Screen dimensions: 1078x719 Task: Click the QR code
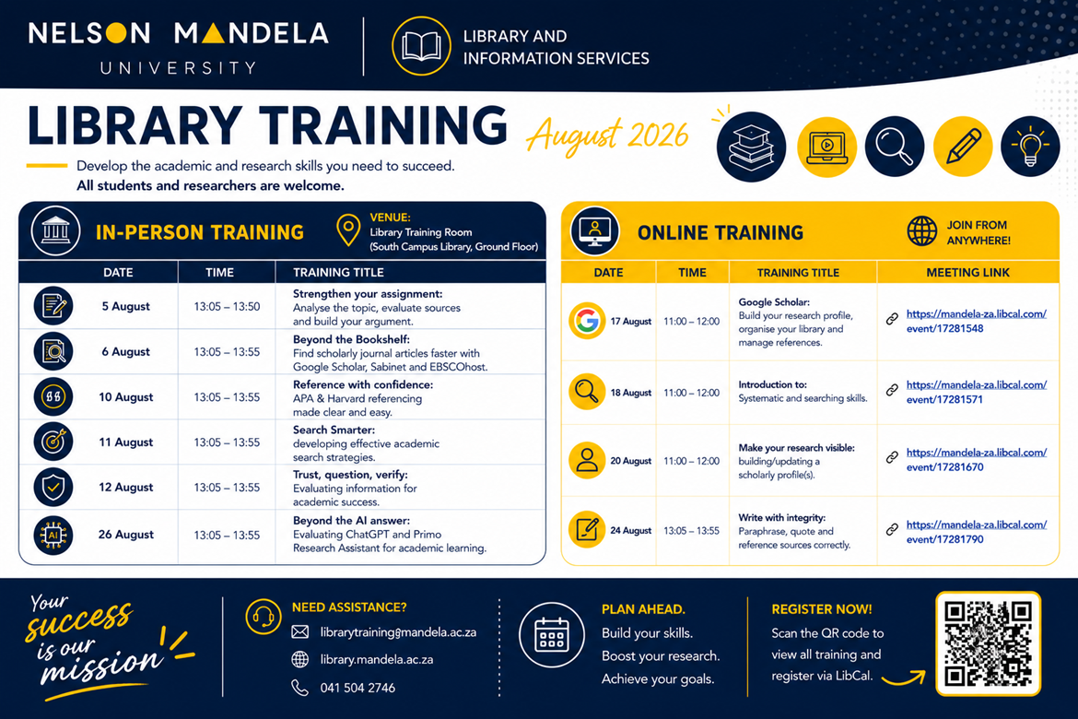(x=988, y=643)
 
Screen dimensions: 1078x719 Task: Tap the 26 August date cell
(x=126, y=535)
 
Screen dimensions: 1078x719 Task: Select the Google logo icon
(x=587, y=321)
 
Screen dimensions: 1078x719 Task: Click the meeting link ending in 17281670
(x=977, y=460)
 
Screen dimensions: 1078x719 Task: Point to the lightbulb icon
(x=1030, y=146)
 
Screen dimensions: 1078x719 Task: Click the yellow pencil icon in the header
(x=963, y=146)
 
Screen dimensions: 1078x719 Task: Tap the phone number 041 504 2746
(x=357, y=688)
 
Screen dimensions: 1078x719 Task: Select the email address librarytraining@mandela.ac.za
(x=398, y=632)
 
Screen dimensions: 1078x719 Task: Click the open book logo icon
(x=421, y=46)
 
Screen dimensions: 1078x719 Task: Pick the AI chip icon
(x=53, y=535)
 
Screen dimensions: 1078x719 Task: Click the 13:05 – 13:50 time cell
(x=227, y=307)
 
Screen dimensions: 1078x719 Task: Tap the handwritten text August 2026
(x=607, y=135)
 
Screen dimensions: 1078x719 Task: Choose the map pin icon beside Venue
(x=348, y=230)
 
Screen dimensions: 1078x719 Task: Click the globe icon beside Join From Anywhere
(x=922, y=231)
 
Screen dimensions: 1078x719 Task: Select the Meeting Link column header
(x=968, y=273)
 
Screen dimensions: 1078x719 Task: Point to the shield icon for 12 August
(x=53, y=487)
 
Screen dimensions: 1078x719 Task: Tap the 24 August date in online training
(x=630, y=530)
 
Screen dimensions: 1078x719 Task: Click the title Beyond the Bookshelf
(x=351, y=339)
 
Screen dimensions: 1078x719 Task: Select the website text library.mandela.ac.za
(x=377, y=660)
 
